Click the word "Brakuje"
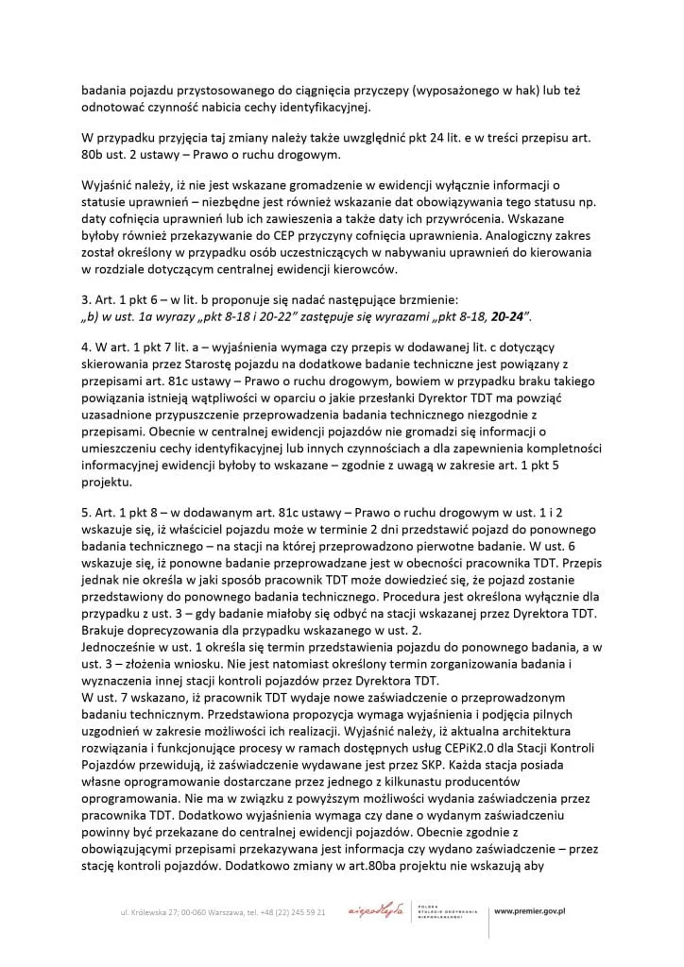104,628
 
